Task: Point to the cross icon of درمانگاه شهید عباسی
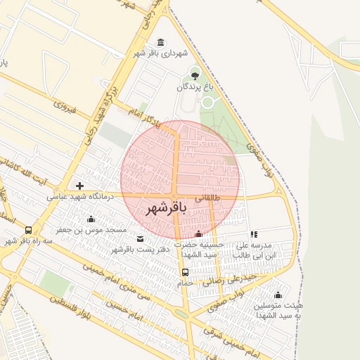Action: [x=79, y=186]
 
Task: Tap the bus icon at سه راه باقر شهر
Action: [x=28, y=229]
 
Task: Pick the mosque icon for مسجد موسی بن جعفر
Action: [x=91, y=220]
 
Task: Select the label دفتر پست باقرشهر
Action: [x=133, y=250]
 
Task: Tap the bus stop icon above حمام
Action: [x=185, y=272]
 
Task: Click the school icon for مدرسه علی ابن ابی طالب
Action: [x=254, y=235]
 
